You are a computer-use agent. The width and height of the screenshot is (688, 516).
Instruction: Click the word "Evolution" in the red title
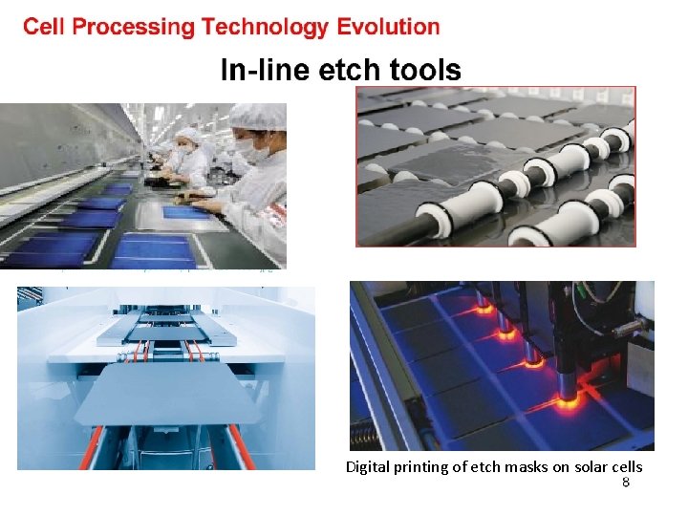coord(388,27)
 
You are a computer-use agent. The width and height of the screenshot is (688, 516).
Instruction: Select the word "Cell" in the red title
coord(44,27)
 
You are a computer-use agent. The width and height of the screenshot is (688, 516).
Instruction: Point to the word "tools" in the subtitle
coord(426,70)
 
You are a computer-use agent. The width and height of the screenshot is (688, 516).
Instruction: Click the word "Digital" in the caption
coord(368,467)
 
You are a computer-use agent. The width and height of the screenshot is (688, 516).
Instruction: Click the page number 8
coord(626,483)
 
